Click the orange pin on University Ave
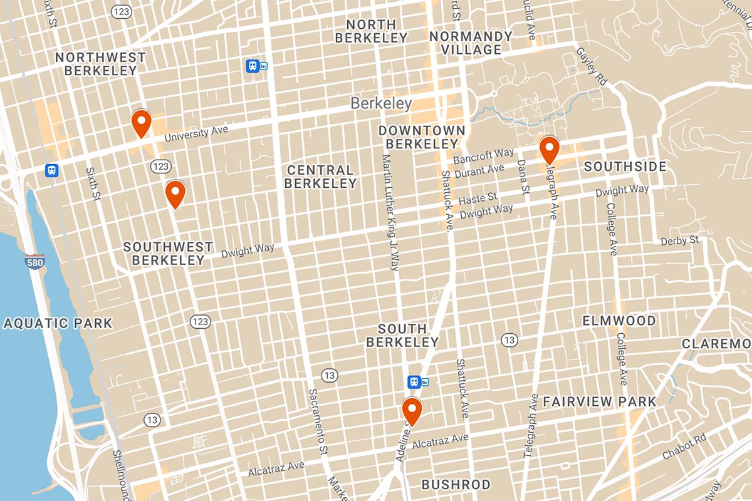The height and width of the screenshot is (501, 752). [142, 123]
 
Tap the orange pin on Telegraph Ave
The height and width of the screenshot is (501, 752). [550, 150]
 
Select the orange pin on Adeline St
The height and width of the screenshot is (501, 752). [412, 411]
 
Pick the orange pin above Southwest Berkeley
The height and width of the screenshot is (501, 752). [175, 194]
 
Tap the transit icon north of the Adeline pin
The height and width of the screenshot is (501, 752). [414, 381]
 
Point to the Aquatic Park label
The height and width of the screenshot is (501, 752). [58, 323]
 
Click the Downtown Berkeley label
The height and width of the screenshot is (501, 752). [422, 137]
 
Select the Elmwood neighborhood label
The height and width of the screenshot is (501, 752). [619, 321]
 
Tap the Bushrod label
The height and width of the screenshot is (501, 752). [456, 484]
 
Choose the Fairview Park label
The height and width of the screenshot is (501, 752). [599, 401]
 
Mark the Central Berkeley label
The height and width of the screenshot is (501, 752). [320, 177]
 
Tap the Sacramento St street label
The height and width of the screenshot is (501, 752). [318, 426]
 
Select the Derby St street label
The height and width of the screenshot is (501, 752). [679, 240]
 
